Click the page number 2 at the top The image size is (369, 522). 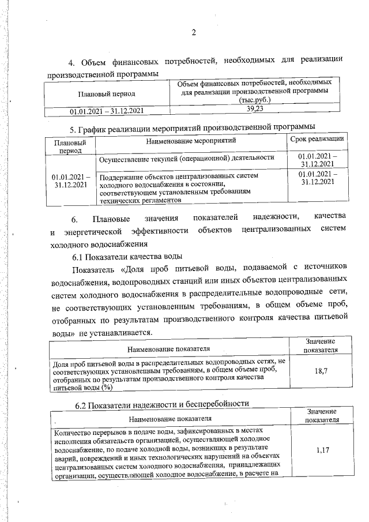pos(194,33)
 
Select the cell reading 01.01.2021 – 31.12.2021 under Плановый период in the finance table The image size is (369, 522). pos(107,109)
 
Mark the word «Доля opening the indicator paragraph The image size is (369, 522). pos(133,269)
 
